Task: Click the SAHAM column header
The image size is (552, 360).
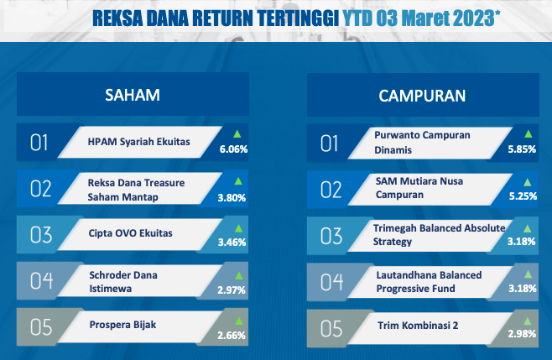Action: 133,95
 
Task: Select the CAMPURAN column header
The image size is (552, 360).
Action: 422,96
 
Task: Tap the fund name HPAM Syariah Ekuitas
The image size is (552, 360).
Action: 138,142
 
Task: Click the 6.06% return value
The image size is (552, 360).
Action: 233,149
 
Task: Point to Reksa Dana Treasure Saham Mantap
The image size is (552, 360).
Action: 136,190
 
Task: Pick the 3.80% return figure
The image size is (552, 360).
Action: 232,197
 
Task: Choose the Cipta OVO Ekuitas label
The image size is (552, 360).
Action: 130,232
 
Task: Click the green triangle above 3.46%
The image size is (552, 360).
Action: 239,228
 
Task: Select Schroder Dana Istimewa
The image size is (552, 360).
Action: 123,281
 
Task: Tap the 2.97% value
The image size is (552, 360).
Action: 232,290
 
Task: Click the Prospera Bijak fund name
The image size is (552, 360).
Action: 122,325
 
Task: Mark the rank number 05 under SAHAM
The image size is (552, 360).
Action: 41,327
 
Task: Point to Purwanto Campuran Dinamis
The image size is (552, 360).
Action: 422,143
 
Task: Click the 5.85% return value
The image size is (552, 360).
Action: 522,149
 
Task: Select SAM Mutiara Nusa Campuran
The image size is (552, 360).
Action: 419,188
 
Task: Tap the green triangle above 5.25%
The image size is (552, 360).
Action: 527,182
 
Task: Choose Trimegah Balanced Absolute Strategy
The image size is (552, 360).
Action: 439,235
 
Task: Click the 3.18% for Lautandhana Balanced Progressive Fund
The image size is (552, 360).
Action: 523,289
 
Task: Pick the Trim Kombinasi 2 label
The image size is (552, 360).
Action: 418,325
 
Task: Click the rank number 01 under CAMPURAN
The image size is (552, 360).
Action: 329,143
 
